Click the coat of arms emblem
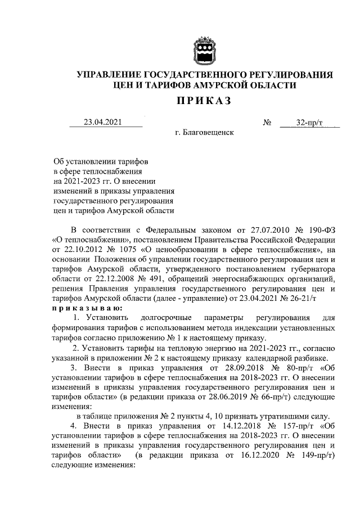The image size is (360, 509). [x=204, y=50]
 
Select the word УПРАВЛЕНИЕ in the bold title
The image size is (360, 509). [x=109, y=75]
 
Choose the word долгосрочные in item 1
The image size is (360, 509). [x=167, y=321]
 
